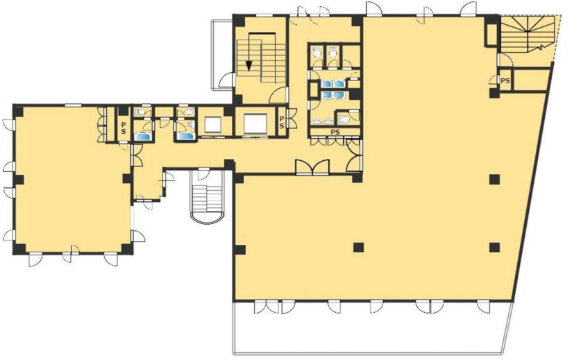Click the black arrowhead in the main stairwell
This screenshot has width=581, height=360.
249,65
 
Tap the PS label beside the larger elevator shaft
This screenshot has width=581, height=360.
282,122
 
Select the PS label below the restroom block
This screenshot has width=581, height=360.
335,132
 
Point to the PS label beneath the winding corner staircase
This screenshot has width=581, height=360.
505,80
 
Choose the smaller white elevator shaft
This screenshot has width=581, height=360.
212,125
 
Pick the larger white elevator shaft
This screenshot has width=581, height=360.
255,124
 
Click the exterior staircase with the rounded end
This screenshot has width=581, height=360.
207,198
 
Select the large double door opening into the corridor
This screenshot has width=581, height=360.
312,167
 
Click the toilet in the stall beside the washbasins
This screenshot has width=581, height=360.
344,119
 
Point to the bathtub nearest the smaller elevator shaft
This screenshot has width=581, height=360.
185,136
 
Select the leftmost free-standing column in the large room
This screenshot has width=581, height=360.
358,247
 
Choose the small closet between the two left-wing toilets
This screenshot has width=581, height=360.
164,112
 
